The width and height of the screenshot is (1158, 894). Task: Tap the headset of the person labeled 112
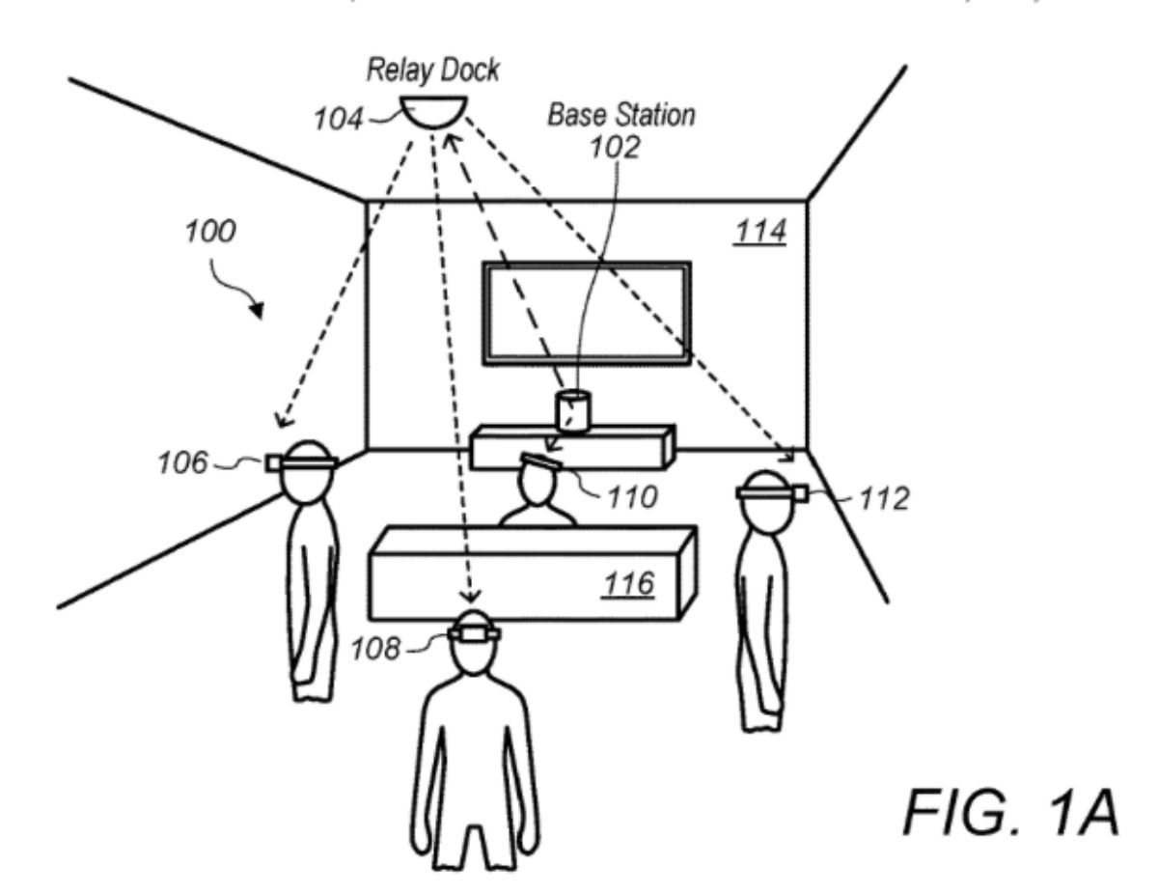pos(772,493)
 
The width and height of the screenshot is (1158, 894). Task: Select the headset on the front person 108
pos(475,633)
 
